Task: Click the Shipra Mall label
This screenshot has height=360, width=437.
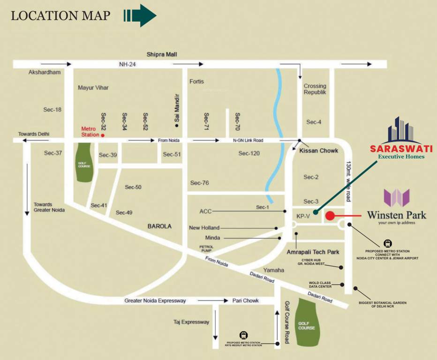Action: (161, 55)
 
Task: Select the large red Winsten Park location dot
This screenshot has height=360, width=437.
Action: (330, 216)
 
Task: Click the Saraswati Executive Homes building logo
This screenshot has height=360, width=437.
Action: (401, 130)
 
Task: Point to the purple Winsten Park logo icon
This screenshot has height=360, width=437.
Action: (396, 198)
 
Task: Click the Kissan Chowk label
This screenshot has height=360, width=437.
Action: (318, 150)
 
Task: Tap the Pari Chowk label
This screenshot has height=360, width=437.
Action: (245, 300)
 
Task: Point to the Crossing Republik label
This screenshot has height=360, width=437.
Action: (315, 89)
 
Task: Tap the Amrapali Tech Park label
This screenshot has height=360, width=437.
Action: (313, 252)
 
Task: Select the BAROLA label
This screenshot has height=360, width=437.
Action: (159, 226)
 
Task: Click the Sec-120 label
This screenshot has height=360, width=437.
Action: (249, 153)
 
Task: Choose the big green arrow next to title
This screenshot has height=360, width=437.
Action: (140, 15)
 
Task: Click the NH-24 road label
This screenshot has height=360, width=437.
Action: (128, 64)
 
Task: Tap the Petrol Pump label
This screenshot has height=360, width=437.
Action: (206, 248)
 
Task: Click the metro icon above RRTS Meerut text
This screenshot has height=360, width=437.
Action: (243, 335)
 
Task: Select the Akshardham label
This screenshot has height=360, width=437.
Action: (45, 73)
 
